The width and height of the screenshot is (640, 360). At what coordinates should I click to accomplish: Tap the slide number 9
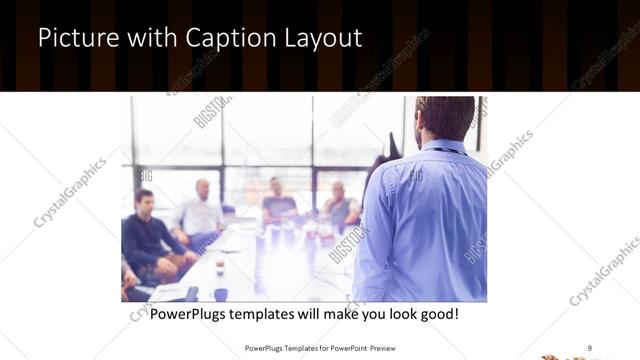(590, 347)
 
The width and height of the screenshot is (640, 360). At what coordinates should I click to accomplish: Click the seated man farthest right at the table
(340, 204)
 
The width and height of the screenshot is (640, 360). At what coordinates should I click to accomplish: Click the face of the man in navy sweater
(144, 201)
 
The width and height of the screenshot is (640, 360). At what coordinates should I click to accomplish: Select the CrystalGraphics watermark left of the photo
(70, 192)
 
